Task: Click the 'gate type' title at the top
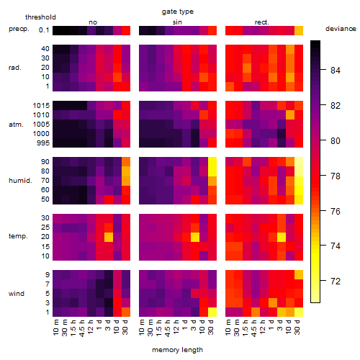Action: [178, 12]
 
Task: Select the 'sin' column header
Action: [177, 22]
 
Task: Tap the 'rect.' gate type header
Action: [262, 22]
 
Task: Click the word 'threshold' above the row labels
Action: [40, 17]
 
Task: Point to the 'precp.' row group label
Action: [19, 29]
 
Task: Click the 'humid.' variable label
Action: [20, 181]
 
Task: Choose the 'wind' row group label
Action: [17, 294]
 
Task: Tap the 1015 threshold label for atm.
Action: [41, 106]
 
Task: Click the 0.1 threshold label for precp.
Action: [44, 30]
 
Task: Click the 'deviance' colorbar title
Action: [341, 29]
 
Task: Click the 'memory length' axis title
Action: [177, 350]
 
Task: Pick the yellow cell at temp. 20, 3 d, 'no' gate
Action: [109, 237]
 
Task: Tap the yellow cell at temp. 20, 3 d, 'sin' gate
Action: [195, 237]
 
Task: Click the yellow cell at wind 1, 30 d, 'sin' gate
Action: [212, 312]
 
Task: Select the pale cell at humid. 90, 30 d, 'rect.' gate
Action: [299, 162]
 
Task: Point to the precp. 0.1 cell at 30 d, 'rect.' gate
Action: [299, 30]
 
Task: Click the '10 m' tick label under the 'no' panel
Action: [56, 327]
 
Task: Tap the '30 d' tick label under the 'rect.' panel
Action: [297, 327]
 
